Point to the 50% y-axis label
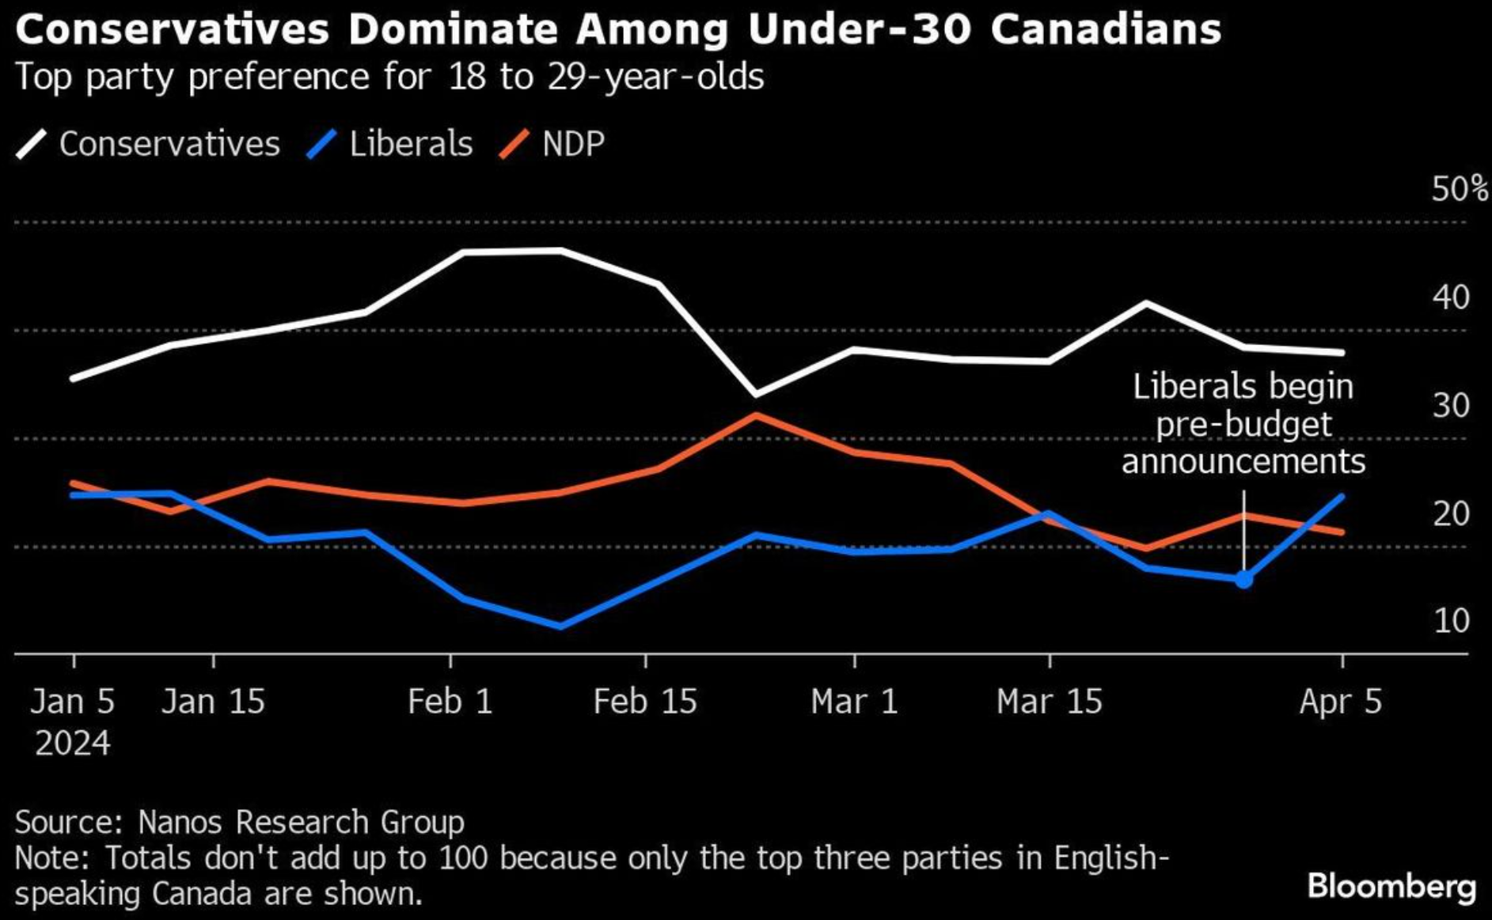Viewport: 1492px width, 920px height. tap(1459, 189)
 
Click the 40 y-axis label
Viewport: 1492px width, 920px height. tap(1450, 297)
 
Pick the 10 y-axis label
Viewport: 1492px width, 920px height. tap(1451, 621)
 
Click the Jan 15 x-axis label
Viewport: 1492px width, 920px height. tap(213, 702)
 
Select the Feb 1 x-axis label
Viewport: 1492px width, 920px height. tap(450, 702)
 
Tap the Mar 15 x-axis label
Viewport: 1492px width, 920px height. tap(1049, 702)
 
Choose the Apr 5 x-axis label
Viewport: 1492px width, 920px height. tap(1341, 702)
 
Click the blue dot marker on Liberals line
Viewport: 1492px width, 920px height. tap(1243, 580)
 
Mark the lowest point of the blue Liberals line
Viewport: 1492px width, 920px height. tap(560, 626)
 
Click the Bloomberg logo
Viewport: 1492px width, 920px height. tap(1391, 886)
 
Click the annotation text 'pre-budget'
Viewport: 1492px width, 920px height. tap(1243, 424)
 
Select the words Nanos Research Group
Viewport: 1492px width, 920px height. tap(301, 822)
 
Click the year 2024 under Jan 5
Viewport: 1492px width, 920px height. tap(72, 744)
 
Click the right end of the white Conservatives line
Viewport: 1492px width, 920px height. tap(1342, 352)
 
